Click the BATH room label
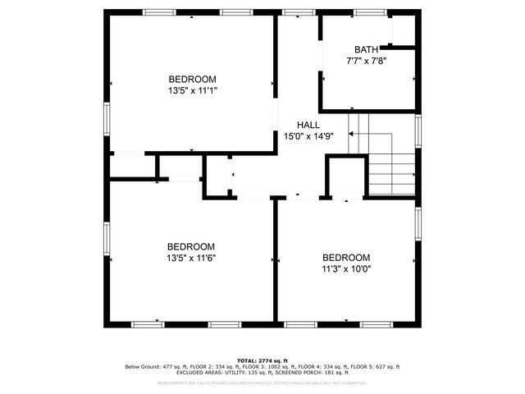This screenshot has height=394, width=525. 366,49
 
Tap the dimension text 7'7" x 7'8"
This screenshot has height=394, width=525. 366,61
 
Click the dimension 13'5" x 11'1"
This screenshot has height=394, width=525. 191,90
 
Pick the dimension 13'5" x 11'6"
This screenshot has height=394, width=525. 191,258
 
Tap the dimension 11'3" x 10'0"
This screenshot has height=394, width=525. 345,268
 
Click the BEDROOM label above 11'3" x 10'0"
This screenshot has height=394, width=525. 345,257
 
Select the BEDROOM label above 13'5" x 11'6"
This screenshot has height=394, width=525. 191,246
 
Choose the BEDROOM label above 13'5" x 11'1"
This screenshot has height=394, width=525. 191,79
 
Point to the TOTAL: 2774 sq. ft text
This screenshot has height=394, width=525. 262,360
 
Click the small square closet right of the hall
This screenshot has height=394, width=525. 345,176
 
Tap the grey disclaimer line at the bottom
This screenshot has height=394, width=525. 262,383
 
